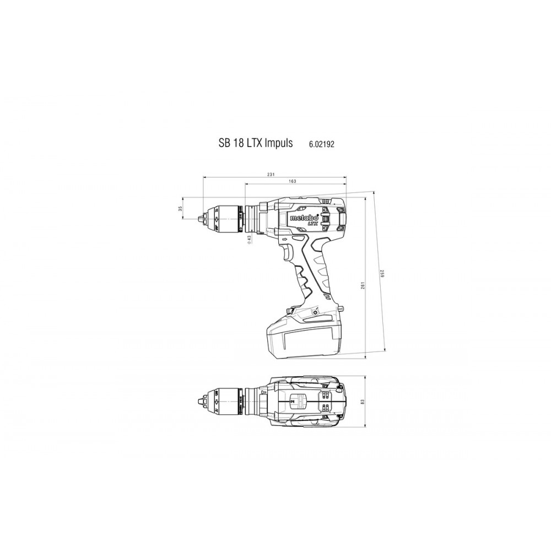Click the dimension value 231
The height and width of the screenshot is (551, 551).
coord(271,174)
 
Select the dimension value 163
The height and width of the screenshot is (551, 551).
coord(292,182)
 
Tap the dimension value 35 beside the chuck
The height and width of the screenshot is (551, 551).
coord(180,209)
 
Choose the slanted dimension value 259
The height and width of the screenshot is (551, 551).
coord(380,274)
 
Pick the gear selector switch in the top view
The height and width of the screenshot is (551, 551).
coord(298,401)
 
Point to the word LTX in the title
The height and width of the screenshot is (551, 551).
coord(252,142)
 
